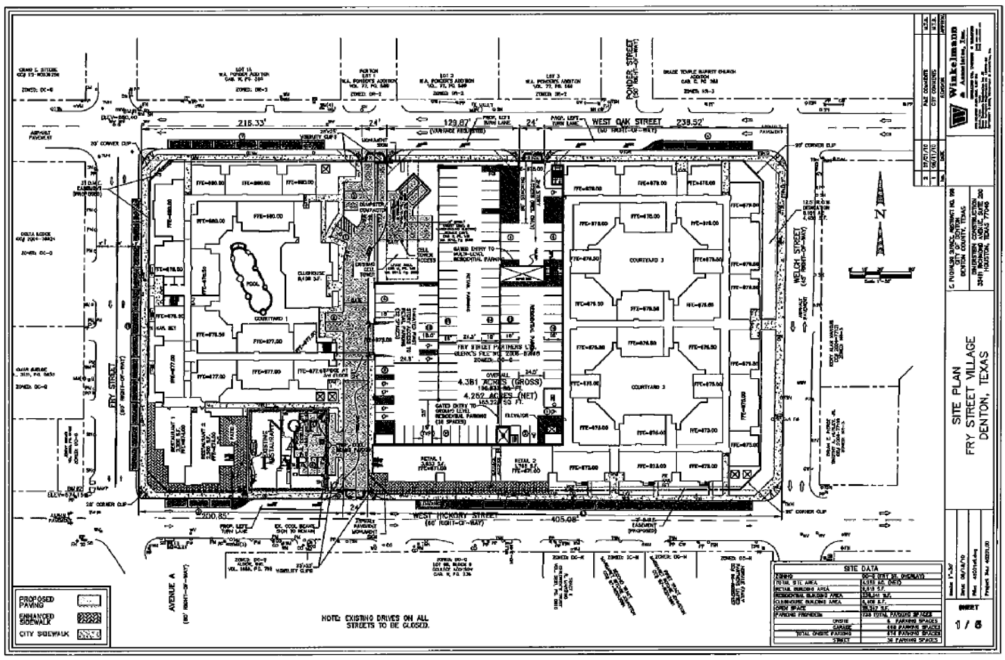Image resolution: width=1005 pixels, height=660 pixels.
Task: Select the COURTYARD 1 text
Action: pyautogui.click(x=270, y=318)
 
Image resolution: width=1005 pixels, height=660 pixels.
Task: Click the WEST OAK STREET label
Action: pyautogui.click(x=619, y=122)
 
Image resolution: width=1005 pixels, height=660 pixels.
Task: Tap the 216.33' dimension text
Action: pyautogui.click(x=252, y=123)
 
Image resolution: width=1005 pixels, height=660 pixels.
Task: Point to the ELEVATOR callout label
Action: pyautogui.click(x=516, y=416)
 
